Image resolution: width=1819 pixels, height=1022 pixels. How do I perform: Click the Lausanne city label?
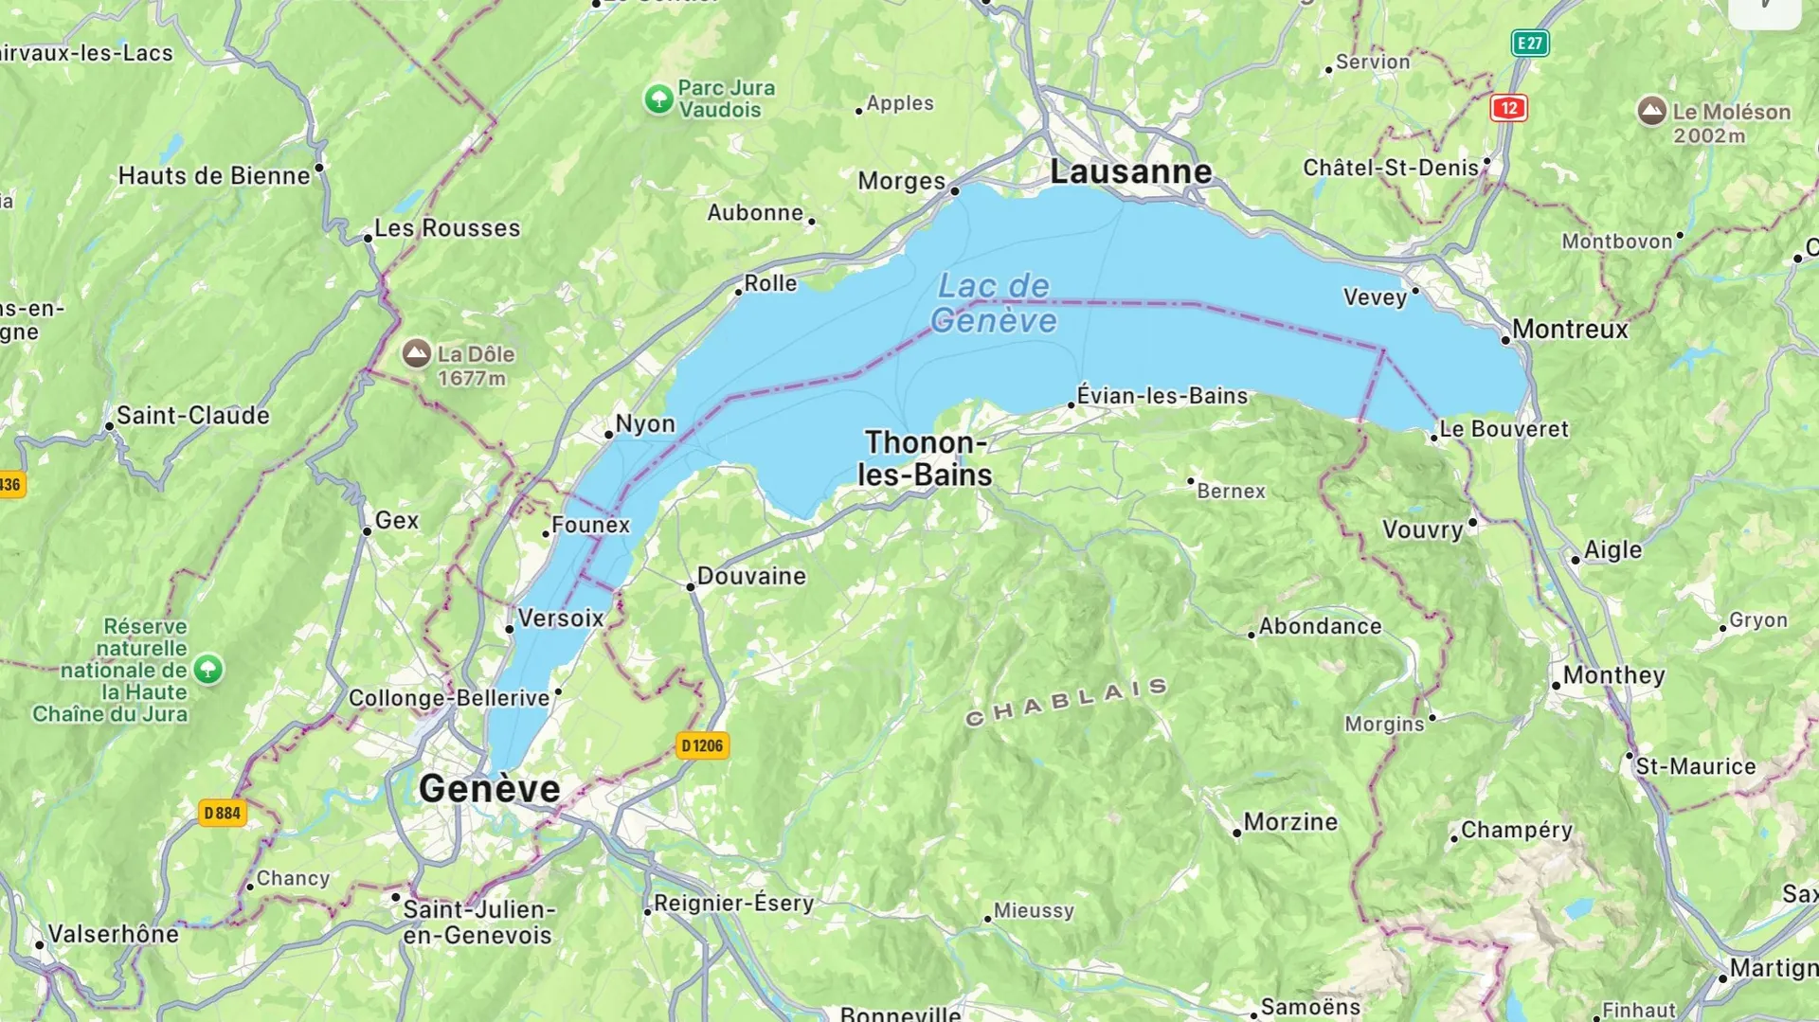(x=1130, y=172)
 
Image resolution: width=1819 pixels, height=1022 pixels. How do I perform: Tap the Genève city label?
(x=489, y=789)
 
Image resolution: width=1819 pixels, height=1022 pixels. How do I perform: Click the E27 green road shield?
(x=1529, y=43)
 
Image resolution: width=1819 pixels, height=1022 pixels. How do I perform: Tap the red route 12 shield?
(x=1508, y=108)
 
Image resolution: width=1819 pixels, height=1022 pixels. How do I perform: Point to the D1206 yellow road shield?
(x=702, y=746)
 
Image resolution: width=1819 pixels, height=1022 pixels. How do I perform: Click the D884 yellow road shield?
(x=223, y=813)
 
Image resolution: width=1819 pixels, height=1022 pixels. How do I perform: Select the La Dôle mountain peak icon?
(x=417, y=354)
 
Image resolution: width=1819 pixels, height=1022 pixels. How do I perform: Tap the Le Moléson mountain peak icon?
(x=1651, y=111)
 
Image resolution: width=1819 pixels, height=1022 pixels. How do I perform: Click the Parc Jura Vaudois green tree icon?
(x=658, y=99)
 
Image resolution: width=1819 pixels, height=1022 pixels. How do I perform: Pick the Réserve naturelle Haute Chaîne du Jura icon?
(x=208, y=670)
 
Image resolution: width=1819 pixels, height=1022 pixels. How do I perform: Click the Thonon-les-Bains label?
(x=925, y=458)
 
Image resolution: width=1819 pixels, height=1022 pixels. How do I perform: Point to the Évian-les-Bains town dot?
(x=1072, y=405)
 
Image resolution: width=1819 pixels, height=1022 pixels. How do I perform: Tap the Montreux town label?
(x=1570, y=330)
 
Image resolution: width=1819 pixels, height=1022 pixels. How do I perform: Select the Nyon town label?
(x=645, y=423)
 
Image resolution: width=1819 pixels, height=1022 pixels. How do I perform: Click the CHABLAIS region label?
(x=1066, y=703)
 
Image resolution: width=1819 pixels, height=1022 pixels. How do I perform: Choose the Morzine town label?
(x=1290, y=822)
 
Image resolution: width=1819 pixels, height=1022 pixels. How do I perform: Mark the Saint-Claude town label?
(x=192, y=416)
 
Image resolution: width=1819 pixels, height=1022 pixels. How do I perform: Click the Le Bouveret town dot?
(x=1433, y=438)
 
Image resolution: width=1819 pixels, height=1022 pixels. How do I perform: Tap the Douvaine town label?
(x=751, y=576)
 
